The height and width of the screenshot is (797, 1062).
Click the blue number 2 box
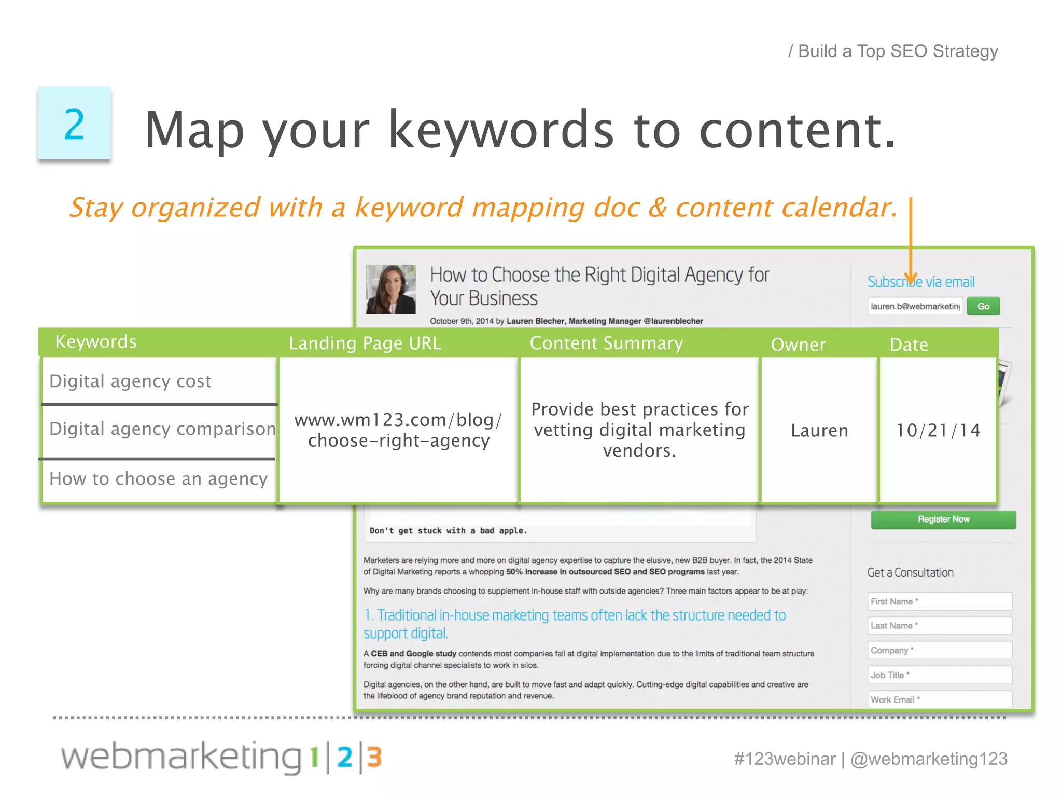74,123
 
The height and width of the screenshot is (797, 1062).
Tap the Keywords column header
96,342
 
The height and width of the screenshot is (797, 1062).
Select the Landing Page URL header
365,343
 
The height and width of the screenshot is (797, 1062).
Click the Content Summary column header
606,343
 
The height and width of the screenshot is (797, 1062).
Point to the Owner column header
798,345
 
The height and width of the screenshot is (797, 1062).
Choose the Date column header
909,345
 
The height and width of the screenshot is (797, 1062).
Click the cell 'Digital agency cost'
130,381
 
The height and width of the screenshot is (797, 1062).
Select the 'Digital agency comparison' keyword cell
162,429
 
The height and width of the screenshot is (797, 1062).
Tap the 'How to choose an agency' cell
158,479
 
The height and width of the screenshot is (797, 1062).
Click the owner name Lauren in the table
819,430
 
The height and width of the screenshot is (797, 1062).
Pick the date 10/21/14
938,430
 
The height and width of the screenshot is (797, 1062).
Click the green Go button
983,306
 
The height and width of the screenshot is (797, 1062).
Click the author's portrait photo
391,289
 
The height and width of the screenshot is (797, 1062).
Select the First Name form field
939,601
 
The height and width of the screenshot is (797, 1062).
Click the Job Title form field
939,675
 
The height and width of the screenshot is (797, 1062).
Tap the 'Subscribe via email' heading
921,282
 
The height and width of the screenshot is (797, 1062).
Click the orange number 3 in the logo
374,758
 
